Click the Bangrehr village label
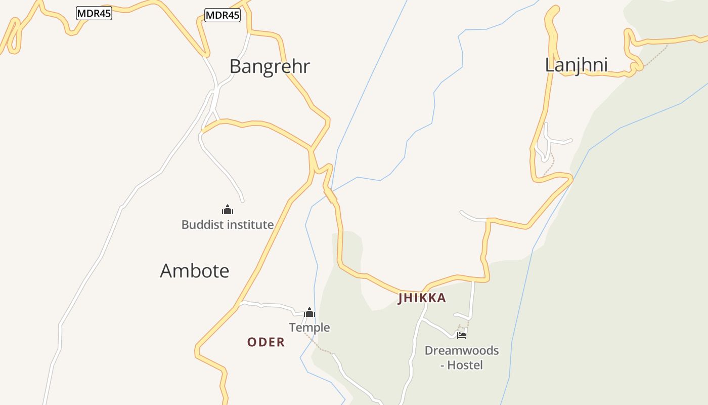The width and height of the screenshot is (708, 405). (x=269, y=66)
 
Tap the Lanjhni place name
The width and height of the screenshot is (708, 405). (x=576, y=65)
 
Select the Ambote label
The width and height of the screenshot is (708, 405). (x=195, y=271)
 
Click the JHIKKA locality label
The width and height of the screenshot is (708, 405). (x=422, y=298)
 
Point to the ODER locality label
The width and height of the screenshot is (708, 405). (x=266, y=342)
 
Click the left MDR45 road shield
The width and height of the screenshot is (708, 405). (x=94, y=14)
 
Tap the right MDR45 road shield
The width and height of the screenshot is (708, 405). (x=223, y=15)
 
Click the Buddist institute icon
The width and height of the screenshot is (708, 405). (x=228, y=210)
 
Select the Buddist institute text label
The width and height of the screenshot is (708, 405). (x=228, y=225)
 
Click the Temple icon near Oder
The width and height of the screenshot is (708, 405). (x=309, y=312)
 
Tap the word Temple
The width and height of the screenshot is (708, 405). (x=309, y=328)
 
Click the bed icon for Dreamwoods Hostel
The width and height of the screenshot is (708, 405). (x=461, y=335)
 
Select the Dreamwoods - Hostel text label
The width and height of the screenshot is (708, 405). (x=461, y=357)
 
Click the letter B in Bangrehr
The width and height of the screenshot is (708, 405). (x=235, y=66)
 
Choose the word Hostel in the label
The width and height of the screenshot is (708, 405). (x=465, y=365)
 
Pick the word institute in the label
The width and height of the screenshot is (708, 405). (x=251, y=225)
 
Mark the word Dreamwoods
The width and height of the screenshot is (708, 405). (x=461, y=350)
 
